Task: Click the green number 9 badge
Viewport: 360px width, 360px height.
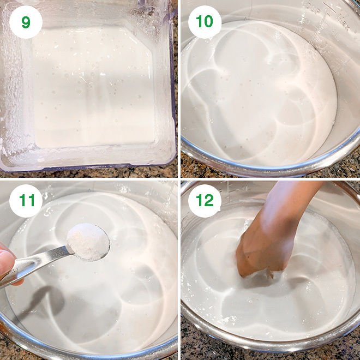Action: coord(26,22)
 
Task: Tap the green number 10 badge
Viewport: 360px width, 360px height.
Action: coord(205,22)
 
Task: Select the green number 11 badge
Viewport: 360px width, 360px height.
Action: coord(26,201)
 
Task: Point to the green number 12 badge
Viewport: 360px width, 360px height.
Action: coord(205,201)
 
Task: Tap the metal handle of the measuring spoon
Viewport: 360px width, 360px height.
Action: coord(34,266)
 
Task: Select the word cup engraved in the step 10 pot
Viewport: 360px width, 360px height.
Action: coord(315,9)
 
